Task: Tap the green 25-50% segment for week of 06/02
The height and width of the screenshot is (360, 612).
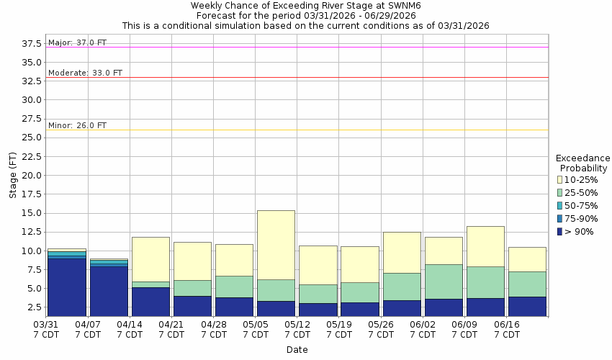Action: [x=444, y=282]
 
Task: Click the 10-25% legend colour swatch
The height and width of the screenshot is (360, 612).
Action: [x=559, y=179]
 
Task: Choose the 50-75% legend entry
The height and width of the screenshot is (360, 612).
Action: [x=581, y=206]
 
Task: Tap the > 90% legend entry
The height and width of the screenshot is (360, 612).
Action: [x=580, y=232]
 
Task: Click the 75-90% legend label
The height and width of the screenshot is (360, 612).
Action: [x=581, y=219]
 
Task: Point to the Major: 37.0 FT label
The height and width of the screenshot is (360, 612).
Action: [x=77, y=43]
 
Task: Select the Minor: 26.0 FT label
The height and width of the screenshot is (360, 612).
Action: [x=77, y=126]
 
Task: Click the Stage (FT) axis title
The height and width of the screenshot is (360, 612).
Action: [x=12, y=176]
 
